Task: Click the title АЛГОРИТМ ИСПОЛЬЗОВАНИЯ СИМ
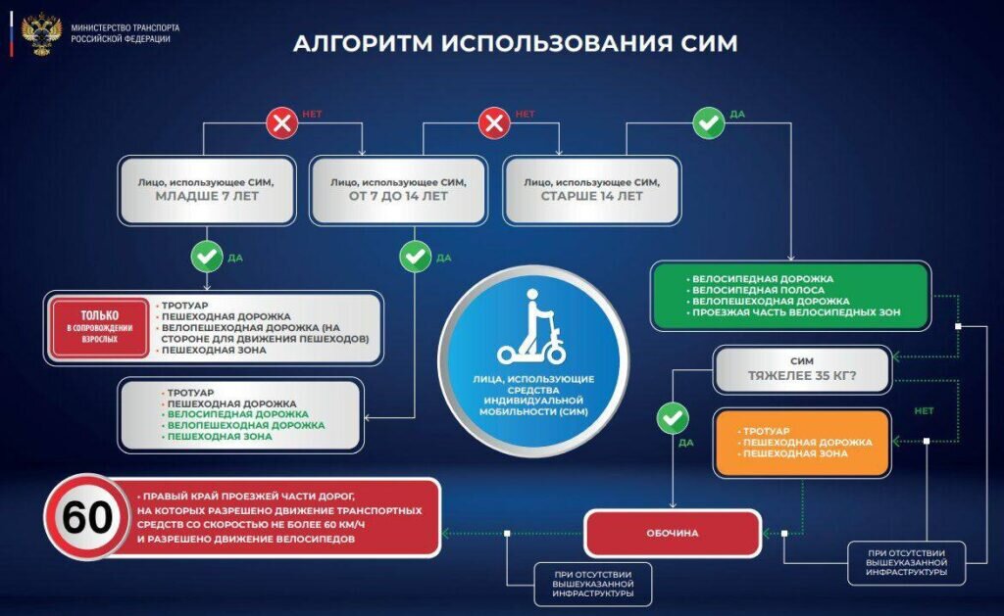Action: point(516,44)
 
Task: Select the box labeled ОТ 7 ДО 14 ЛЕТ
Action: point(398,188)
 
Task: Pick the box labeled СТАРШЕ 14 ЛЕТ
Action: point(591,188)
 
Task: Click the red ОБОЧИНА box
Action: point(673,533)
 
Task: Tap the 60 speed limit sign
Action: point(88,516)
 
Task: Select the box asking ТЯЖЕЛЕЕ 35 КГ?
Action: point(803,368)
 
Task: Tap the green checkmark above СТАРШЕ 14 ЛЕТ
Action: point(708,122)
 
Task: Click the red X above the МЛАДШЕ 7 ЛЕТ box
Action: point(282,122)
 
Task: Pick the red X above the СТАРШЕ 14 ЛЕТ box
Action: point(493,122)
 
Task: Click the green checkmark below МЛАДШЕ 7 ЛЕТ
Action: point(207,257)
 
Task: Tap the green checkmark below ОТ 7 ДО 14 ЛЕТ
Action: point(416,257)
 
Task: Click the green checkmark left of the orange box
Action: point(673,419)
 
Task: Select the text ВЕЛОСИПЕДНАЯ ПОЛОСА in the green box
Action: point(758,290)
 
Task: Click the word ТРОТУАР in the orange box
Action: point(767,430)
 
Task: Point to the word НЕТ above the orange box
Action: point(923,411)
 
